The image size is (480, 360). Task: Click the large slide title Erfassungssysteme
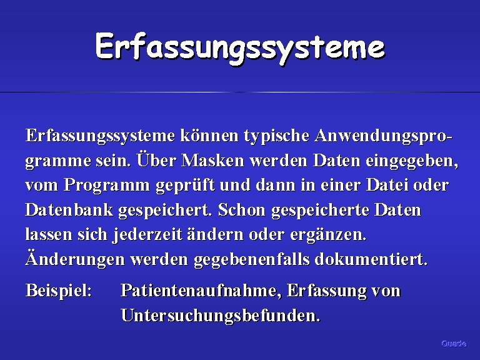pos(240,48)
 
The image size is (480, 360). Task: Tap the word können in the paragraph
pos(209,135)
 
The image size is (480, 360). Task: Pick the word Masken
pos(212,160)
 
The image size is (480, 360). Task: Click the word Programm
pos(106,186)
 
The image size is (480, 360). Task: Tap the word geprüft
pos(185,186)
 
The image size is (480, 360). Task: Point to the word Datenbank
pos(69,210)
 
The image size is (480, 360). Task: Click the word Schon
pos(242,210)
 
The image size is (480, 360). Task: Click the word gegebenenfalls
pos(252,260)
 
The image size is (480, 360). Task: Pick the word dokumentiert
pos(371,259)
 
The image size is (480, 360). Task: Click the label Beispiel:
pos(59,291)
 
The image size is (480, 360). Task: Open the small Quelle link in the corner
pos(454,344)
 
